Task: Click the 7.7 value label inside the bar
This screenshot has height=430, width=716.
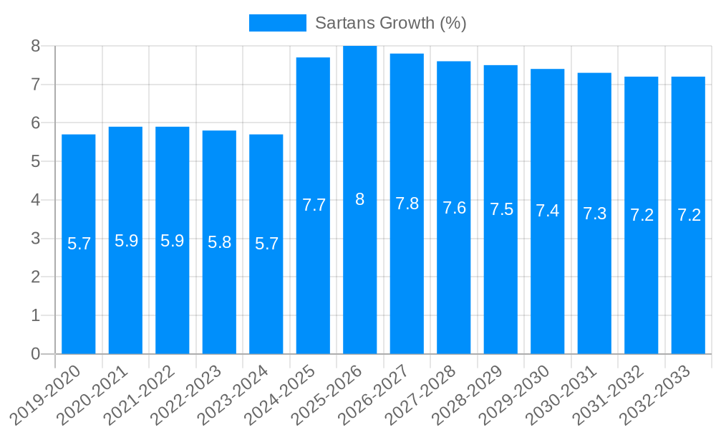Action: click(314, 205)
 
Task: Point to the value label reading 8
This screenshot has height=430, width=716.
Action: click(360, 200)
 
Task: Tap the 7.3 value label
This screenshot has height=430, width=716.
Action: click(594, 214)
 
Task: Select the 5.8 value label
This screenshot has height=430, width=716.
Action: click(219, 242)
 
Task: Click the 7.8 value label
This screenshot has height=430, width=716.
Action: click(407, 204)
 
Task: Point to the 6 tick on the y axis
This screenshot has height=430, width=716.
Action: click(36, 123)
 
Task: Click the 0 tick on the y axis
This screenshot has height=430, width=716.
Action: click(36, 354)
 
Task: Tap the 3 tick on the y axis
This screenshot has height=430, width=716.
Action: click(36, 239)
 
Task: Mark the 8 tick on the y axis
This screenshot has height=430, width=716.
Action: click(36, 47)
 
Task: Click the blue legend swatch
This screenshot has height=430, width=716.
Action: click(277, 23)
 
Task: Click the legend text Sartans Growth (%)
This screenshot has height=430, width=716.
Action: click(391, 23)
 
